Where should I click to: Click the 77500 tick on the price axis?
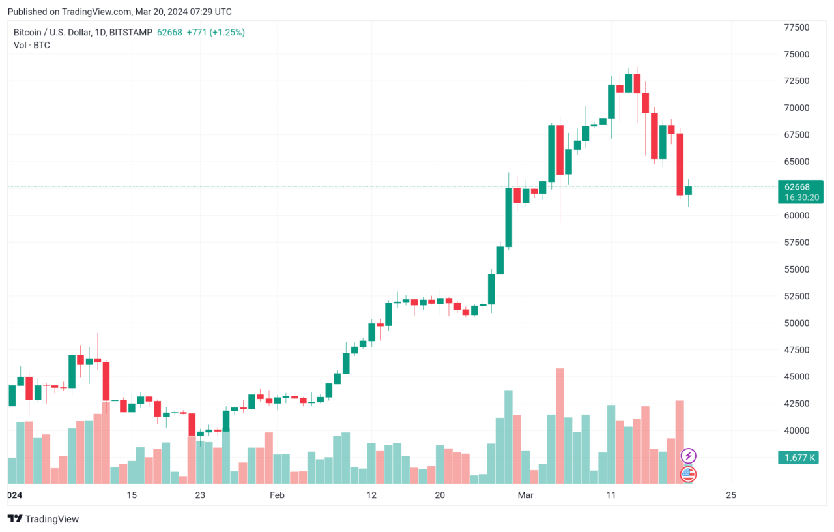tap(796, 27)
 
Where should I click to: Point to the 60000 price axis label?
tap(796, 215)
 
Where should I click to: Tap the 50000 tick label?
tap(796, 323)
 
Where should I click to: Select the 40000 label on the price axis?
tap(796, 431)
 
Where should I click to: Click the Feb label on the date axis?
tap(278, 495)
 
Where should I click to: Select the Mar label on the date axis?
tap(525, 495)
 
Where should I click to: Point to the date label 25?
tap(730, 495)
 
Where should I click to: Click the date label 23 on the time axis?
tap(200, 495)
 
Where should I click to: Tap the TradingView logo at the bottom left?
tap(43, 519)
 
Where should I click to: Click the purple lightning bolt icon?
tap(689, 456)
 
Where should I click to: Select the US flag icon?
tap(689, 474)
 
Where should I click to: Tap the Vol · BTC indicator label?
tap(32, 45)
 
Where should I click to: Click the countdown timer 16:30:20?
tap(800, 197)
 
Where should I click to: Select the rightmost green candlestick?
tap(688, 190)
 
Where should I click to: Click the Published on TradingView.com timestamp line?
tap(120, 12)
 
